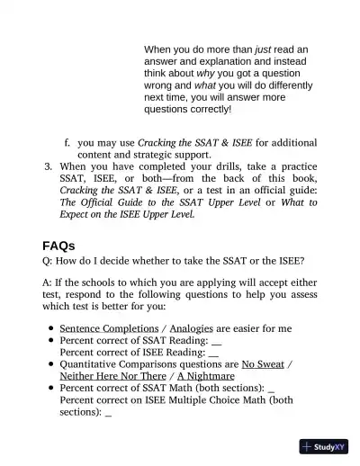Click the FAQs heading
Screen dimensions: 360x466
(58, 245)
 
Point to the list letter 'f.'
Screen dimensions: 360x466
(67, 142)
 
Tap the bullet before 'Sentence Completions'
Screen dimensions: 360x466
(49, 328)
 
